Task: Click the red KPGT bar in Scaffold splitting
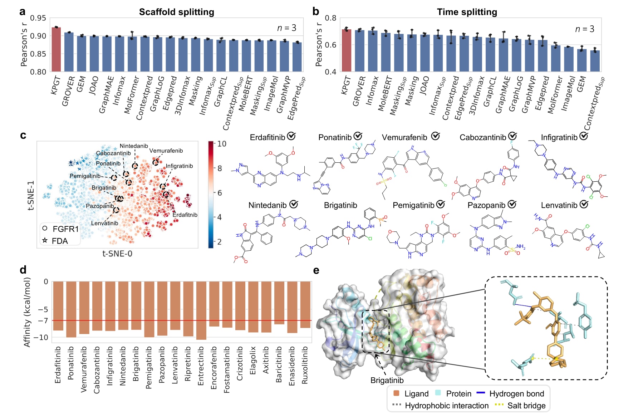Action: click(x=56, y=49)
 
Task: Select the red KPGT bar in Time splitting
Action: click(x=346, y=50)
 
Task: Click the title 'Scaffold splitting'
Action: click(x=176, y=12)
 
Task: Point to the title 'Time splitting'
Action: click(x=467, y=12)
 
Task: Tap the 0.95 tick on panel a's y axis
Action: click(x=38, y=18)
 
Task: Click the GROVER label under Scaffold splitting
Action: click(x=68, y=91)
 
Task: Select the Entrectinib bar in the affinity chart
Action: click(x=201, y=310)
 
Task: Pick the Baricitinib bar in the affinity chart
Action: click(x=279, y=303)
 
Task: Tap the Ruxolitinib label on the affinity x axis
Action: click(x=305, y=365)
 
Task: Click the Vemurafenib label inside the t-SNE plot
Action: click(x=166, y=151)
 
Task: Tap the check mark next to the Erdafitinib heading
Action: click(x=291, y=136)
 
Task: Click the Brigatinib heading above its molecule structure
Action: click(x=340, y=205)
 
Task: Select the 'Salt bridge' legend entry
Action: click(x=520, y=406)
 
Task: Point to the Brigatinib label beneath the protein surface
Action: click(x=387, y=380)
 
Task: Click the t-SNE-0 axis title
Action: click(x=117, y=254)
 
